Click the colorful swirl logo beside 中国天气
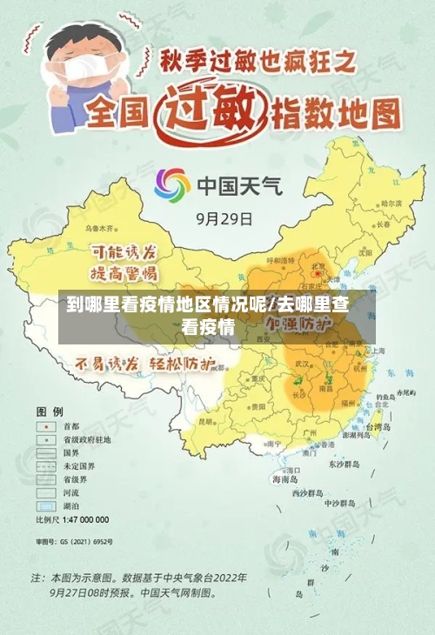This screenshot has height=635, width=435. pyautogui.click(x=172, y=185)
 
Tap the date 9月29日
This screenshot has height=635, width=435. pyautogui.click(x=224, y=218)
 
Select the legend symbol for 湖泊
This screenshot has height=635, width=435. pyautogui.click(x=43, y=505)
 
